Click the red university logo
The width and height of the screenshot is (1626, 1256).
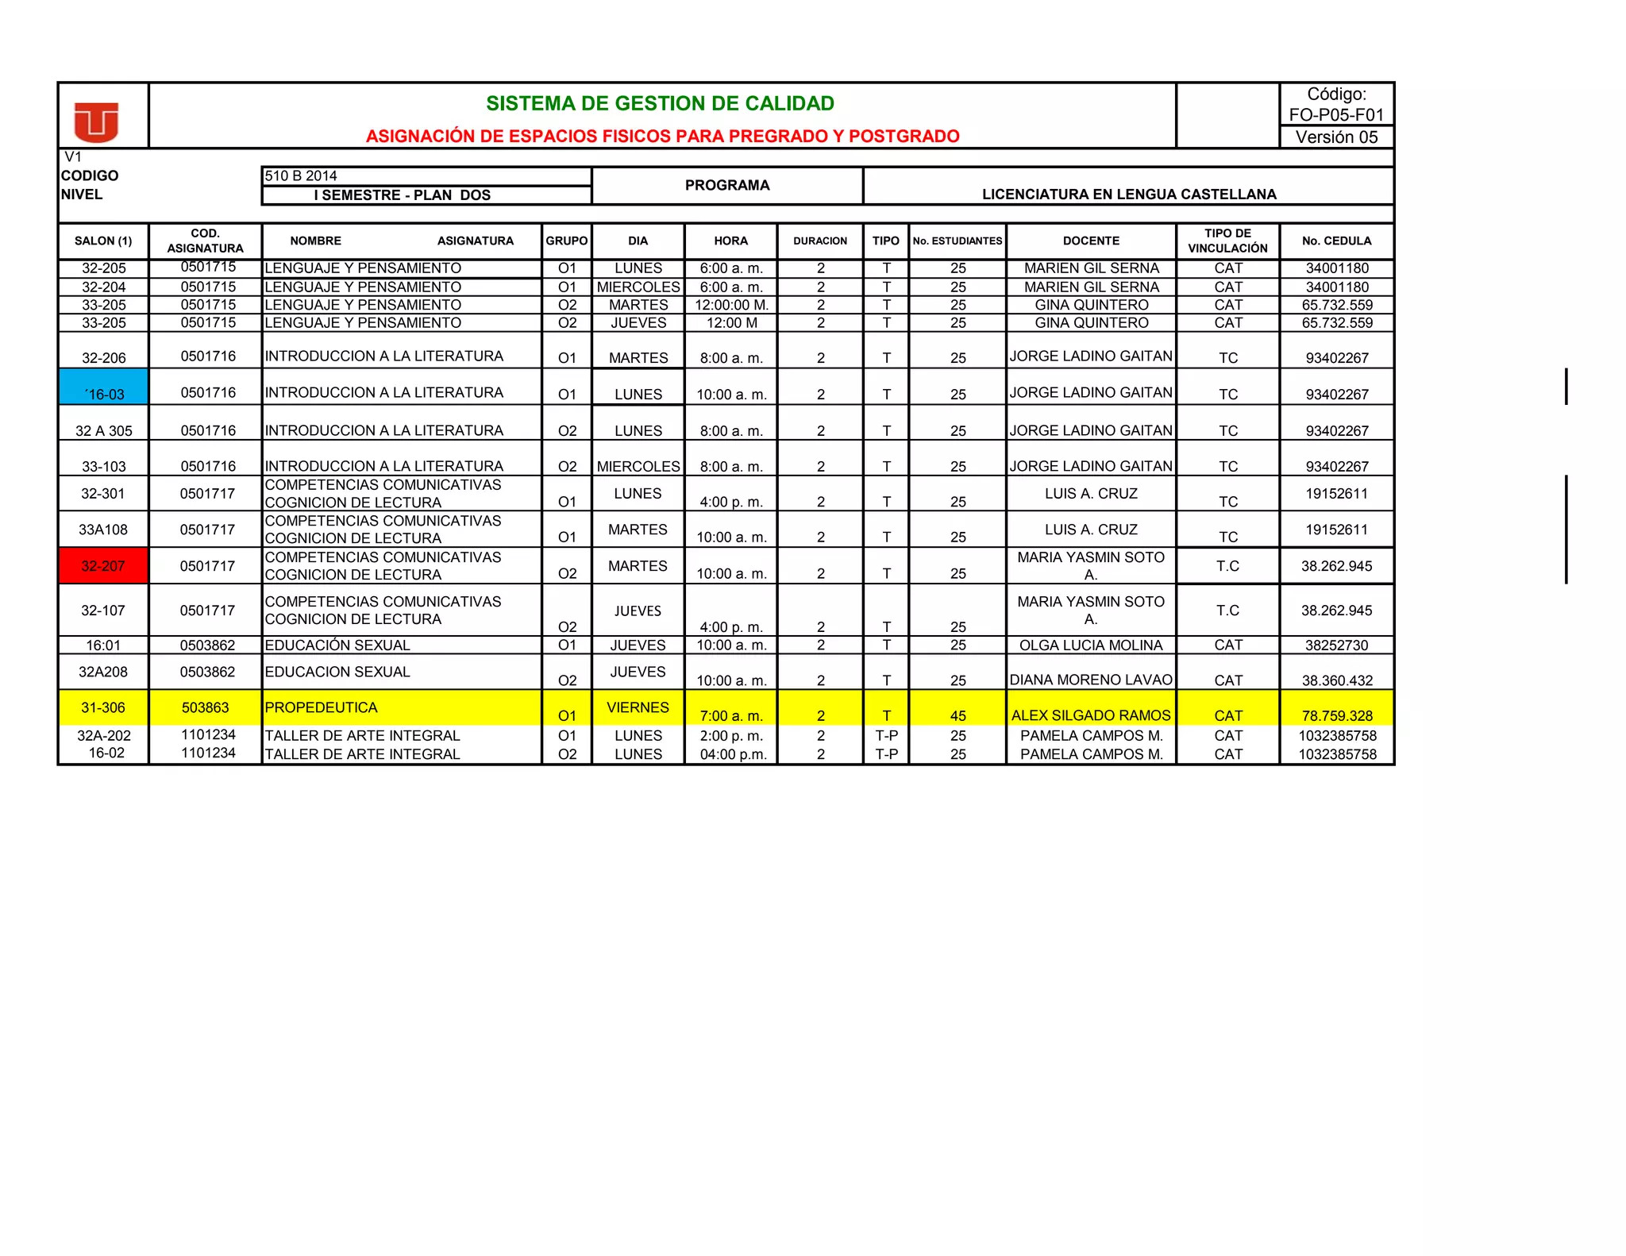pos(96,121)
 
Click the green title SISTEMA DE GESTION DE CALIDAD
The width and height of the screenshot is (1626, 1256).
pos(660,104)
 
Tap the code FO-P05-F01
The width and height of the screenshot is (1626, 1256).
pos(1336,115)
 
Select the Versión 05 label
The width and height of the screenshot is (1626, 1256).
pos(1336,137)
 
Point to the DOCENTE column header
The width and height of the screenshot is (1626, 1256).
pos(1091,241)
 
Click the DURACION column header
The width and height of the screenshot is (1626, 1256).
pos(820,241)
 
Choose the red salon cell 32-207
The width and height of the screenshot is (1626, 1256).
pos(103,566)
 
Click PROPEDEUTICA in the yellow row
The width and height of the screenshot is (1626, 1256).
pos(322,707)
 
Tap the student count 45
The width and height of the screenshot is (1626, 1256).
pos(958,715)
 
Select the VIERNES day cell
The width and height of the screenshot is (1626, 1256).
pos(638,707)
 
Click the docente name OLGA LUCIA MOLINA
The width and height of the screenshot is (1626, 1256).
pos(1091,645)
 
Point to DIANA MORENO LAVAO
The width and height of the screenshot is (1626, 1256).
pos(1091,680)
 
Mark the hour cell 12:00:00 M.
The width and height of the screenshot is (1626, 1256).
pos(731,305)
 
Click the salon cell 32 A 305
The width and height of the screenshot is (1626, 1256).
pos(104,431)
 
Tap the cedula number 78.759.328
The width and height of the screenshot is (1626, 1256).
pos(1337,715)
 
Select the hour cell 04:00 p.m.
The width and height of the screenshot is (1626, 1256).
pos(733,754)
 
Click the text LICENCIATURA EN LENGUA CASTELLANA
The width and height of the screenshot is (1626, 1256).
pos(1129,195)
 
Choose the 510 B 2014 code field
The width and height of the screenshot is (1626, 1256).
pos(302,176)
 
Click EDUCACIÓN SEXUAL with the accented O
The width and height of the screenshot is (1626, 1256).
pos(337,645)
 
